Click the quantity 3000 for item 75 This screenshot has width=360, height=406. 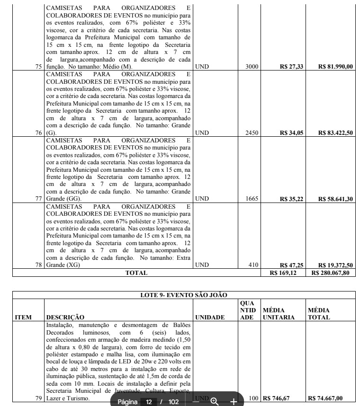pyautogui.click(x=252, y=67)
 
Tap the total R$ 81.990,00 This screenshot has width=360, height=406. pyautogui.click(x=336, y=67)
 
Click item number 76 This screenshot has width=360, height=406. pyautogui.click(x=39, y=133)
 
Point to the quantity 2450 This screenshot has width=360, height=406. pyautogui.click(x=252, y=133)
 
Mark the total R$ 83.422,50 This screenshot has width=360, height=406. pyautogui.click(x=336, y=133)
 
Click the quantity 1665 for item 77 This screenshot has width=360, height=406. pyautogui.click(x=252, y=199)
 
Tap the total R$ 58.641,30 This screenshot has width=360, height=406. pyautogui.click(x=336, y=199)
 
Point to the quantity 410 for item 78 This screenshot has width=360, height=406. pyautogui.click(x=253, y=265)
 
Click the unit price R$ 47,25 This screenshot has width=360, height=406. pyautogui.click(x=291, y=265)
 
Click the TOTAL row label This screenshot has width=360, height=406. pyautogui.click(x=136, y=273)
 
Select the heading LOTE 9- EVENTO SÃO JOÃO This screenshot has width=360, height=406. pyautogui.click(x=183, y=295)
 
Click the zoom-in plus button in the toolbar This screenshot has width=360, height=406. pyautogui.click(x=234, y=401)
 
